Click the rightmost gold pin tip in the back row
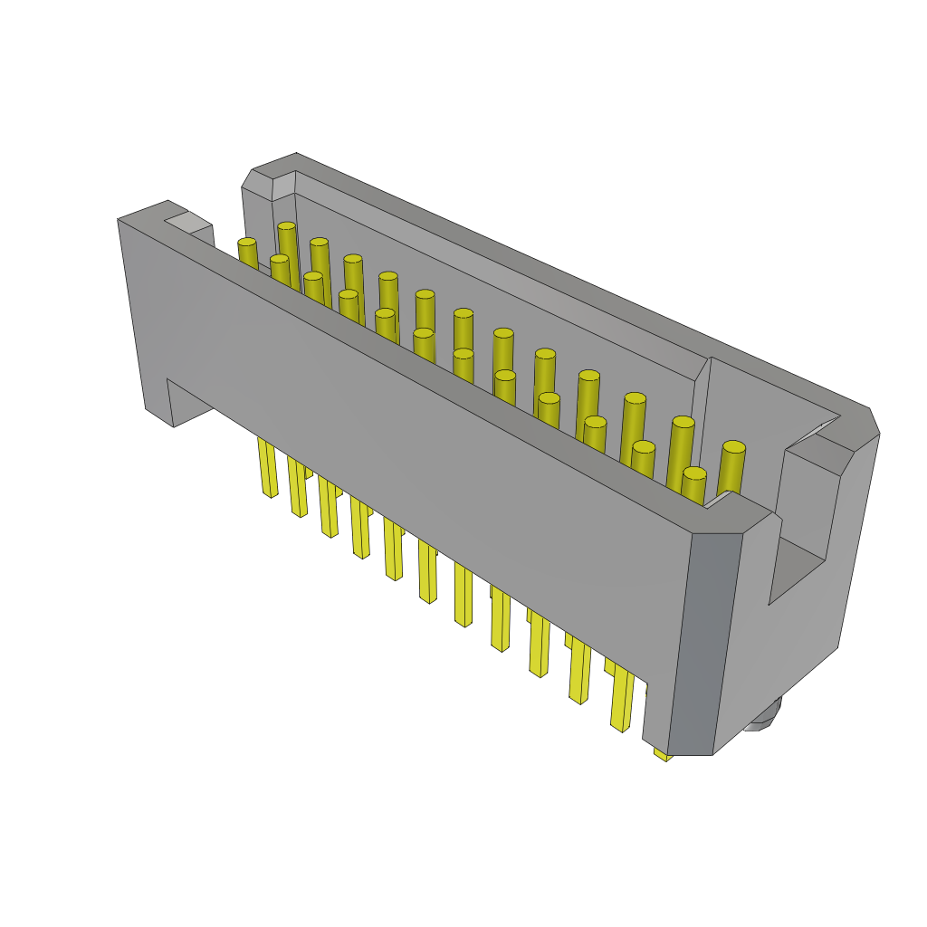734,446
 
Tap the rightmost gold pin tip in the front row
694,473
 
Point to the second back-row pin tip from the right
683,422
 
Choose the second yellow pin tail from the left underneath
298,488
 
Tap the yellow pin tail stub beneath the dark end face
663,752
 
